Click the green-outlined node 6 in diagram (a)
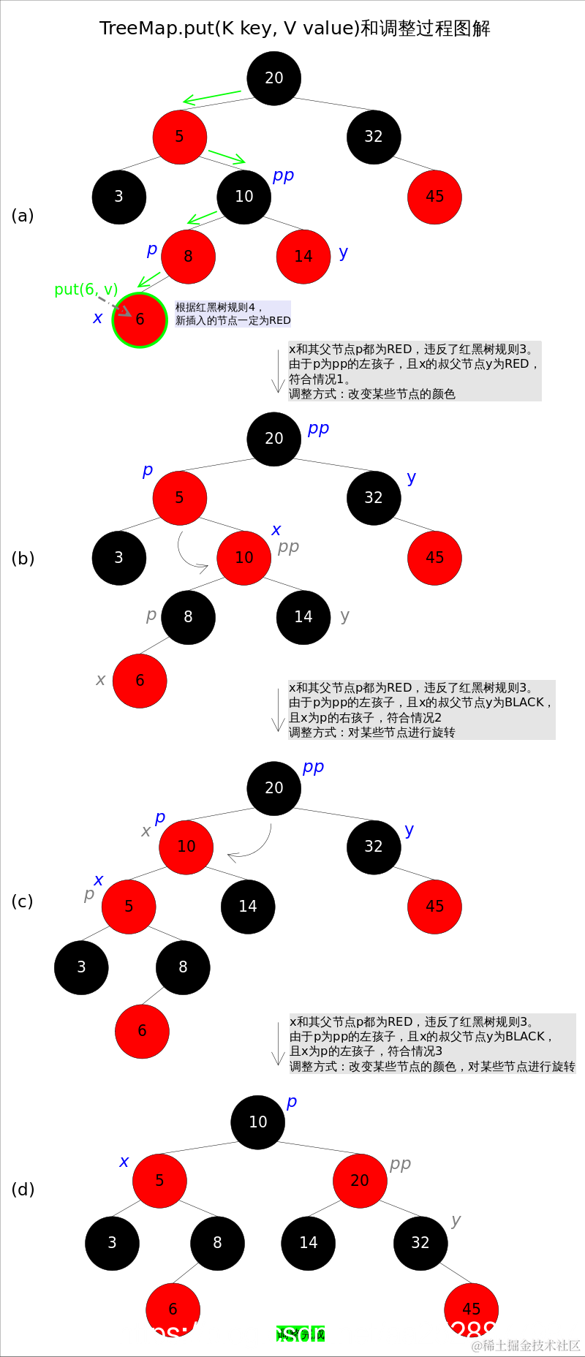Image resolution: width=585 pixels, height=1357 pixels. (x=140, y=320)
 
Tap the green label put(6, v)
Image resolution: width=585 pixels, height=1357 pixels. (x=86, y=290)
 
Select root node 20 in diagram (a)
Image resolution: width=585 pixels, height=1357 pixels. (x=274, y=78)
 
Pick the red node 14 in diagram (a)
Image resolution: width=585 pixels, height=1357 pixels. (x=303, y=257)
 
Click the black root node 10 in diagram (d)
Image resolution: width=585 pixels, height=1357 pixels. (x=258, y=1122)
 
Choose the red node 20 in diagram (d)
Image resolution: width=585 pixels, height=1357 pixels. (x=360, y=1180)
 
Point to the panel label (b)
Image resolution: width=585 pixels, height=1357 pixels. (x=23, y=559)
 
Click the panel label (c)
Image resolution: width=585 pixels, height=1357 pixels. (x=23, y=901)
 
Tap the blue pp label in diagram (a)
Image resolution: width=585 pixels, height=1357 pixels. (x=283, y=175)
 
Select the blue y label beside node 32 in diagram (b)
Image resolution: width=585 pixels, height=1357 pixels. (x=412, y=477)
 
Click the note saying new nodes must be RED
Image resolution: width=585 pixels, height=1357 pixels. (x=233, y=314)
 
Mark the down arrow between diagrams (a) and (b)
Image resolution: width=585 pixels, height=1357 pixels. (x=278, y=371)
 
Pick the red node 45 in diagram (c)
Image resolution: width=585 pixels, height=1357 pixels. (x=435, y=907)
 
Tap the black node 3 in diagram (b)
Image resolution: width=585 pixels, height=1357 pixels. (x=119, y=558)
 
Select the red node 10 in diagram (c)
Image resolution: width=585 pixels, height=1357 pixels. (x=186, y=847)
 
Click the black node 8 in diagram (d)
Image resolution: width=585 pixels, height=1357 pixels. (x=217, y=1243)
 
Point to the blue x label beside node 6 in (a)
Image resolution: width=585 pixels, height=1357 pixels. (x=98, y=318)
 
